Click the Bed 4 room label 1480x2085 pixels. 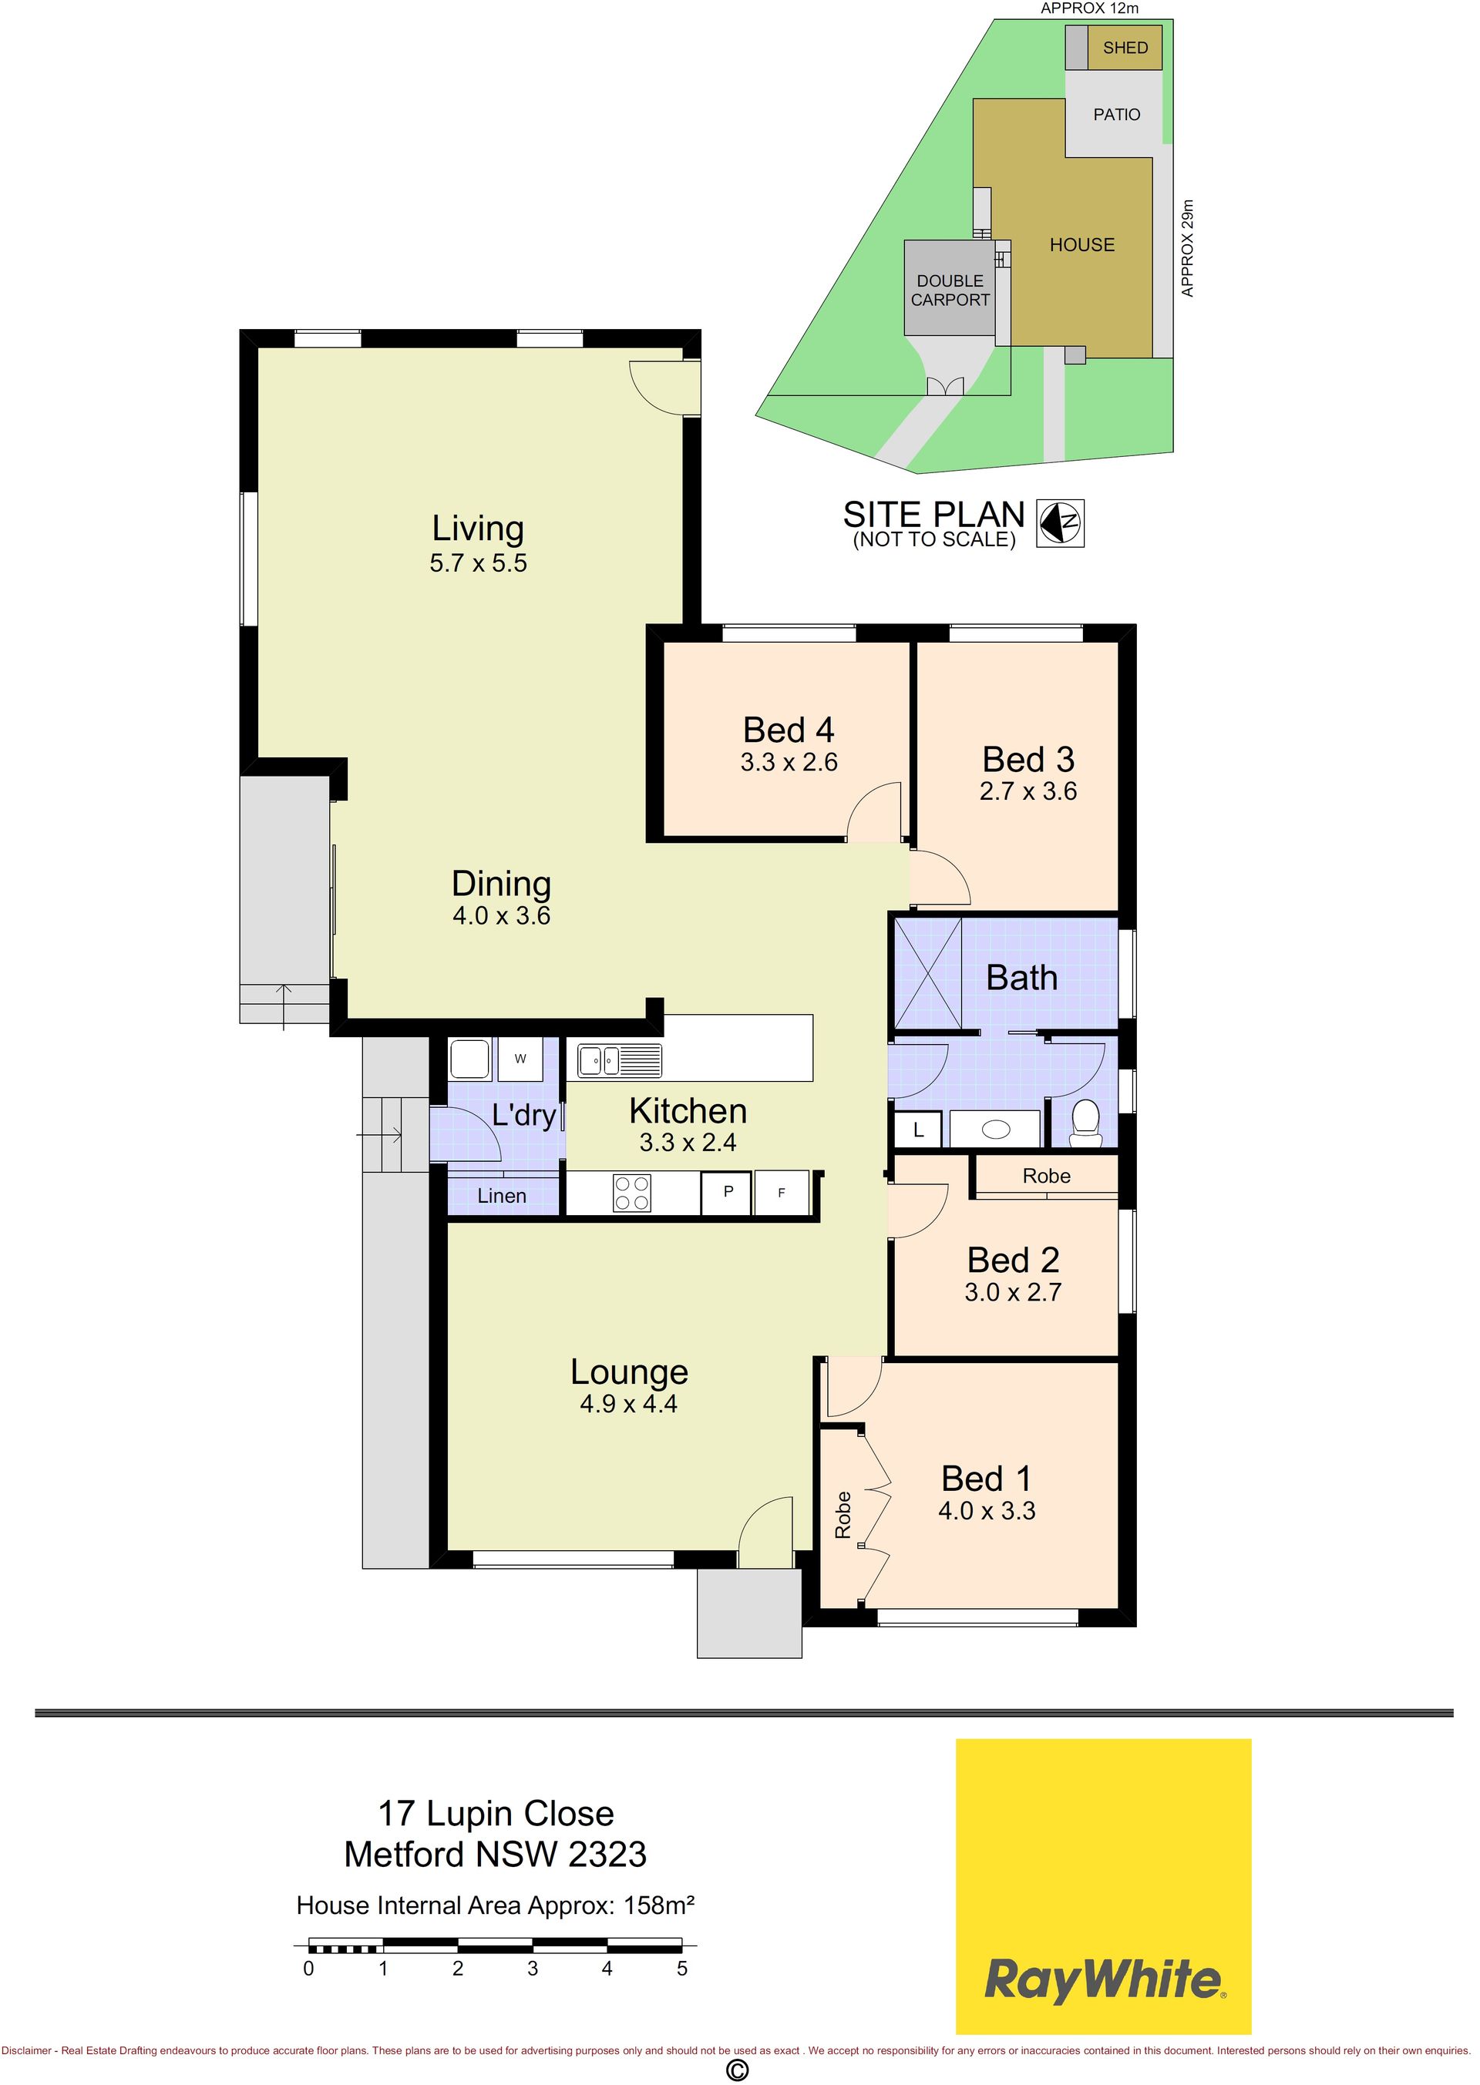789,730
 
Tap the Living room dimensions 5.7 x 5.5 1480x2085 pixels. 479,563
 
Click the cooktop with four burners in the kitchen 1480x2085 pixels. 632,1194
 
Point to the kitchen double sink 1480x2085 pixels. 620,1061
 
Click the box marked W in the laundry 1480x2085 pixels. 520,1059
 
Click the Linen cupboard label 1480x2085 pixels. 502,1196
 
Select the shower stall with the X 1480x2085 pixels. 928,975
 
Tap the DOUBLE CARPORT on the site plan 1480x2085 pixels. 950,290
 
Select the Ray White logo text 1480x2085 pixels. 1103,1980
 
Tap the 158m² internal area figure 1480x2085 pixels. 659,1905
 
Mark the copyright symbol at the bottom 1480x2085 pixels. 736,2070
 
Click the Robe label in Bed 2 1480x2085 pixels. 1046,1176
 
